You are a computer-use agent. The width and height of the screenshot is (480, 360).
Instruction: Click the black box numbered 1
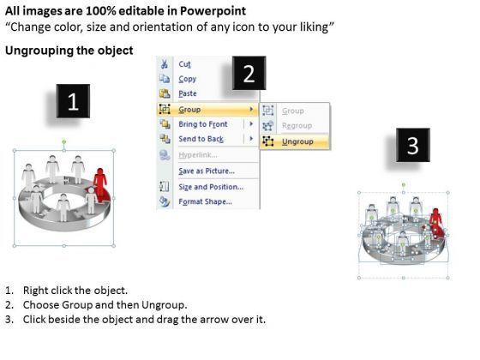pos(73,101)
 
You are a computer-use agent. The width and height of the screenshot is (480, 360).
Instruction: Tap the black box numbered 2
pos(249,73)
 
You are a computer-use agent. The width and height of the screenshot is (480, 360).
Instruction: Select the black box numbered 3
pos(413,145)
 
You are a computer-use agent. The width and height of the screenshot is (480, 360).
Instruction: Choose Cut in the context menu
pos(184,64)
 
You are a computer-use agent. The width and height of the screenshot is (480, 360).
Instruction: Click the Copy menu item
pos(187,79)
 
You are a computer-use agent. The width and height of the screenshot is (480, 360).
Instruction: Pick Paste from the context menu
pos(188,93)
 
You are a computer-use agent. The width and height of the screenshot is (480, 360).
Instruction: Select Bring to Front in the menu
pos(203,124)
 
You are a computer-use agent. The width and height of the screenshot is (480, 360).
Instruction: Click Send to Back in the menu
pos(201,139)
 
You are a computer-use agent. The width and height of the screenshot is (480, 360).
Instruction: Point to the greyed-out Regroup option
pos(297,125)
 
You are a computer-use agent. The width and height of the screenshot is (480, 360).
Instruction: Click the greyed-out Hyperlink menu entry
pos(198,155)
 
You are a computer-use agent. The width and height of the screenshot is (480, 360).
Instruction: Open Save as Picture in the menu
pos(207,171)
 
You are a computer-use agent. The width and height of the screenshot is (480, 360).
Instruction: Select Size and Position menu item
pos(211,187)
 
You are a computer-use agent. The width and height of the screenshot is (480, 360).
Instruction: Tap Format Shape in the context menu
pos(205,201)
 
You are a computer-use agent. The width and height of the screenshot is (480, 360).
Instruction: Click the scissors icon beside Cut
pos(165,64)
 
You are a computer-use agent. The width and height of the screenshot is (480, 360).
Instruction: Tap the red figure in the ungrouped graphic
pos(436,221)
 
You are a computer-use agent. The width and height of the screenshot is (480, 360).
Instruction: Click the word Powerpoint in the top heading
pos(213,11)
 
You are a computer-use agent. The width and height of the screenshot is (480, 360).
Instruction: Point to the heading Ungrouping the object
pos(69,51)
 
